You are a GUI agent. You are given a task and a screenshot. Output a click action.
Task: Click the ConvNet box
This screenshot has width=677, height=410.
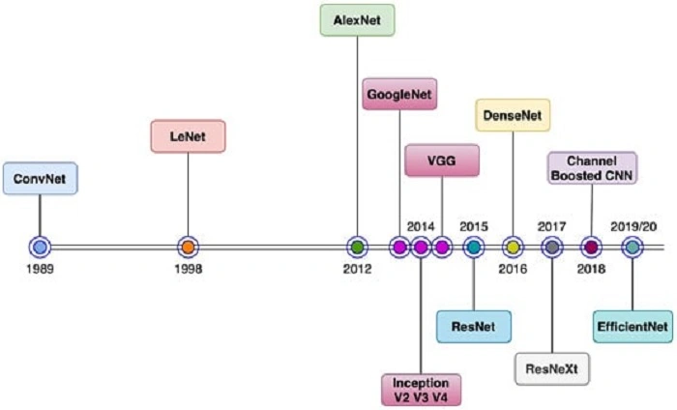(40, 179)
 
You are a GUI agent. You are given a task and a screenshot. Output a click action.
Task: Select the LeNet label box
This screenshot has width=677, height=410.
(188, 136)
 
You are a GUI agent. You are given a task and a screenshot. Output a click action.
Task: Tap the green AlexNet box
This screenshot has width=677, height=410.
(357, 19)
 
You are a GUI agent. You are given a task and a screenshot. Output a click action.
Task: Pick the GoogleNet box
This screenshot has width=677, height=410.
(400, 96)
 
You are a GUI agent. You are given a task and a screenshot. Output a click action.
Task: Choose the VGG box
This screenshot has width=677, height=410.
(441, 161)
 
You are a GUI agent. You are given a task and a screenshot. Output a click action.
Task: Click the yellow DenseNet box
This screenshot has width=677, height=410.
(514, 117)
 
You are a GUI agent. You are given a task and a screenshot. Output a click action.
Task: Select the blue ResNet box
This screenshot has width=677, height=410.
(473, 327)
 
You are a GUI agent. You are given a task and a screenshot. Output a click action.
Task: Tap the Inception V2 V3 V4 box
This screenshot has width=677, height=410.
(421, 388)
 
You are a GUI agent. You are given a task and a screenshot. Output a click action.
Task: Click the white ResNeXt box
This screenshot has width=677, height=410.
(551, 369)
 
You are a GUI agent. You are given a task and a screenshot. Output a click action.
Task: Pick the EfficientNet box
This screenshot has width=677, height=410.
(632, 327)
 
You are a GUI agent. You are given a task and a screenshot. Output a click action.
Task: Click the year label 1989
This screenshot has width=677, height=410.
(40, 269)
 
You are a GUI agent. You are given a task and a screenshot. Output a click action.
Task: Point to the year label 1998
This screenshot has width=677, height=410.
(188, 269)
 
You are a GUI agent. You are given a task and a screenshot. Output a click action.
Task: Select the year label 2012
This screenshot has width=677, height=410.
(357, 269)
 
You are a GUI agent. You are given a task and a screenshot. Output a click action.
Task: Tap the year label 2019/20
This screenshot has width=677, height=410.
(633, 226)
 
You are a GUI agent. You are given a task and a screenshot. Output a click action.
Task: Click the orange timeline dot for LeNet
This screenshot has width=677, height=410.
(188, 248)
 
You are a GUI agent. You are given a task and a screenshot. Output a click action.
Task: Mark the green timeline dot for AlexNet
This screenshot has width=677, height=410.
(357, 248)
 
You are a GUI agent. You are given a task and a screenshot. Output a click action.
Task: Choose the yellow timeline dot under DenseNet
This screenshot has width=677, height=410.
(514, 248)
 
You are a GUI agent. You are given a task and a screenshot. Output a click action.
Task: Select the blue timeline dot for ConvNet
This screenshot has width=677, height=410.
(40, 248)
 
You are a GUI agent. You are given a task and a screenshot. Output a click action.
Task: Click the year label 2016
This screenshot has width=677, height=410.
(513, 269)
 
